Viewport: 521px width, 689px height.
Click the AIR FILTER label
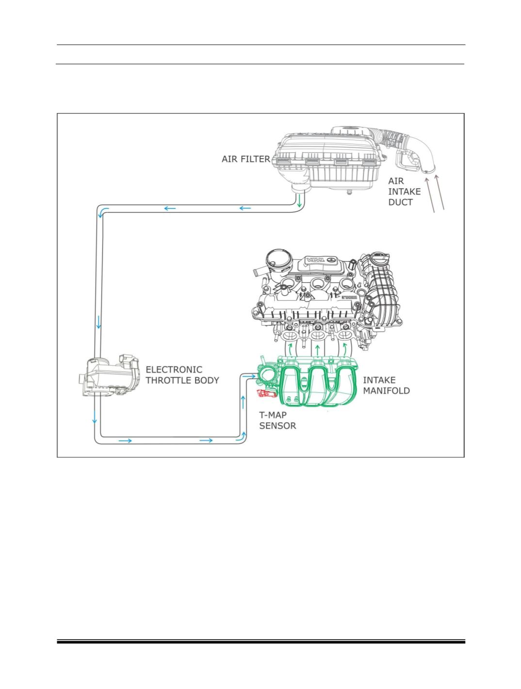click(x=245, y=159)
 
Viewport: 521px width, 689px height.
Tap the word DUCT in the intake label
click(x=400, y=202)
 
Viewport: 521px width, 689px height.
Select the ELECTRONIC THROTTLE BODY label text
click(x=182, y=375)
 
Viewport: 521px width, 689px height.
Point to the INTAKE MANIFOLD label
click(x=386, y=385)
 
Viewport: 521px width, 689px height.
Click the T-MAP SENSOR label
click(x=277, y=420)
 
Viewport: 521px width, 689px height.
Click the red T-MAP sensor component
click(x=266, y=393)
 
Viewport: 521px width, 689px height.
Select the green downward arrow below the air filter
click(x=299, y=200)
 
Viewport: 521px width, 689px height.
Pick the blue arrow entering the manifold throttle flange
click(x=249, y=376)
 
